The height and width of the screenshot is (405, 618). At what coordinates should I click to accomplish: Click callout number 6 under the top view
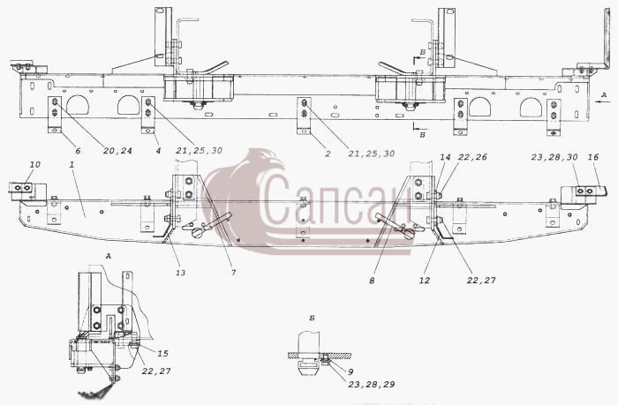click(78, 151)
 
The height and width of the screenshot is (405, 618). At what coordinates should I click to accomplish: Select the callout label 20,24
click(117, 151)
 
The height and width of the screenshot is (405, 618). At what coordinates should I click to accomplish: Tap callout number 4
click(158, 151)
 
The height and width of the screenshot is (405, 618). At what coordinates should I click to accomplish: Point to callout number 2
click(328, 154)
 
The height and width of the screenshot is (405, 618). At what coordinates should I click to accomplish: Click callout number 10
click(35, 164)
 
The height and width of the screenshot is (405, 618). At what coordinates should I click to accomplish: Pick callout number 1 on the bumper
click(72, 165)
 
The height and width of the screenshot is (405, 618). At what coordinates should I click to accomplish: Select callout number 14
click(445, 157)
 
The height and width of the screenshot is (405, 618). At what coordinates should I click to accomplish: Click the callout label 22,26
click(472, 157)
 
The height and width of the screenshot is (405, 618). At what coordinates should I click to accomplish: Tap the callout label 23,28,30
click(554, 157)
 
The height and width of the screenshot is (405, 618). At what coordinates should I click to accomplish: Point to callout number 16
click(593, 157)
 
